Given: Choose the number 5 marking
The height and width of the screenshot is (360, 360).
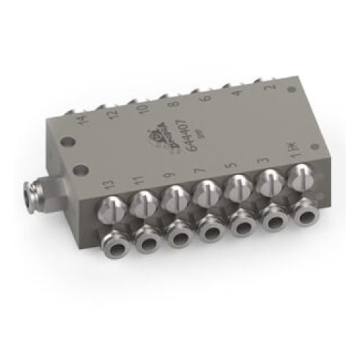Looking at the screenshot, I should [232, 163].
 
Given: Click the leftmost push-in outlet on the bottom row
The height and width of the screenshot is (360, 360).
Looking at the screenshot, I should [117, 244].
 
